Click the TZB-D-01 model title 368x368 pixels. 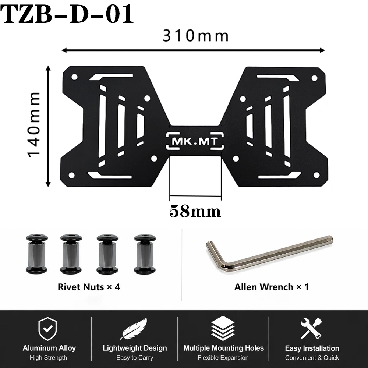click(67, 14)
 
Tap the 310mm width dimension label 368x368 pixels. click(196, 36)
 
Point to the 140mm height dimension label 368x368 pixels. click(34, 124)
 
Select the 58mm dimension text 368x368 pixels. click(195, 211)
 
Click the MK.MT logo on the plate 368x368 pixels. click(195, 141)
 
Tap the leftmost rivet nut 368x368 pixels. click(37, 254)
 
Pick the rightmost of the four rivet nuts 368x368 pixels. click(145, 254)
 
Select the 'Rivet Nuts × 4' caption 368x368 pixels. click(89, 287)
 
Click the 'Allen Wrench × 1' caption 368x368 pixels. click(272, 287)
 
